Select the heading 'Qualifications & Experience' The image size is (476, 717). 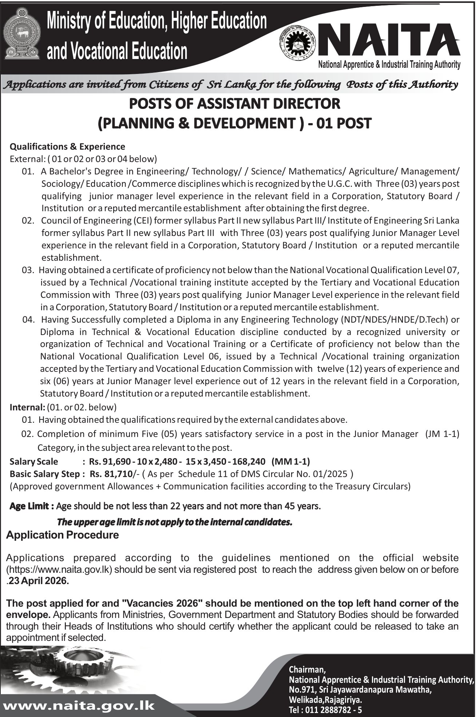point(67,147)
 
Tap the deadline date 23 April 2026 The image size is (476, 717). point(39,582)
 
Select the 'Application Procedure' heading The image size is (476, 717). point(63,535)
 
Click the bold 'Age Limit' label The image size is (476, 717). point(32,506)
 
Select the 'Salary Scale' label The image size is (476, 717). point(34,462)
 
